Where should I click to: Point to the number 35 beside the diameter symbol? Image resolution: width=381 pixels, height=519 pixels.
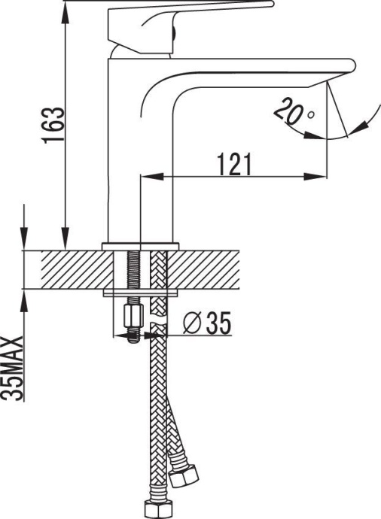coord(217,323)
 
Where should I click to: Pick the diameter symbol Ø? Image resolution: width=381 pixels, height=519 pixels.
coord(191,323)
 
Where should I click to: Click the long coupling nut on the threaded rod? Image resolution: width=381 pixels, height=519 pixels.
coord(133,313)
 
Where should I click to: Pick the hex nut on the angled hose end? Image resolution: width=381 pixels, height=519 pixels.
coord(186,476)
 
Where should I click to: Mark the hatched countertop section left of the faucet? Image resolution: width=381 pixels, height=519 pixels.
coord(68,269)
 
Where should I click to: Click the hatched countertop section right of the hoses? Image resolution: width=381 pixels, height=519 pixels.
coord(211,269)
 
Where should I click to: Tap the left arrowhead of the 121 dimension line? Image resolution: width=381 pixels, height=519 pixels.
coord(148,178)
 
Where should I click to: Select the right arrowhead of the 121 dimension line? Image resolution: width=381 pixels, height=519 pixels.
coord(322,178)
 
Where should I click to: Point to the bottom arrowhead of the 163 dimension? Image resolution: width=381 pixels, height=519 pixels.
coord(66,239)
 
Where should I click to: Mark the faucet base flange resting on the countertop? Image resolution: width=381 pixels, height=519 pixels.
coord(142,245)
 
